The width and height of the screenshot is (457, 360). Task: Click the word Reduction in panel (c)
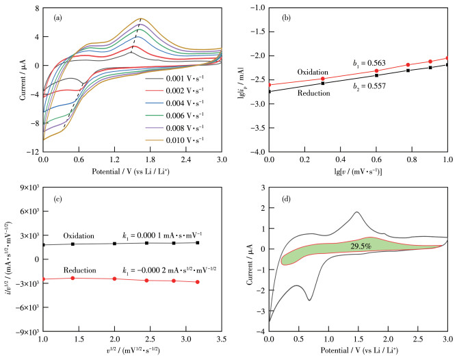pyautogui.click(x=79, y=270)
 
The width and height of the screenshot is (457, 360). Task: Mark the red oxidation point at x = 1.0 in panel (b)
pyautogui.click(x=448, y=58)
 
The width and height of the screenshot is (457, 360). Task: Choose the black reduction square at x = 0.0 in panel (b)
pyautogui.click(x=269, y=91)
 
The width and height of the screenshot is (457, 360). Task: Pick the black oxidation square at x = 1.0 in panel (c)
pyautogui.click(x=43, y=244)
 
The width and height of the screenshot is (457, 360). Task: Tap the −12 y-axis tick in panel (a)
pyautogui.click(x=30, y=153)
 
